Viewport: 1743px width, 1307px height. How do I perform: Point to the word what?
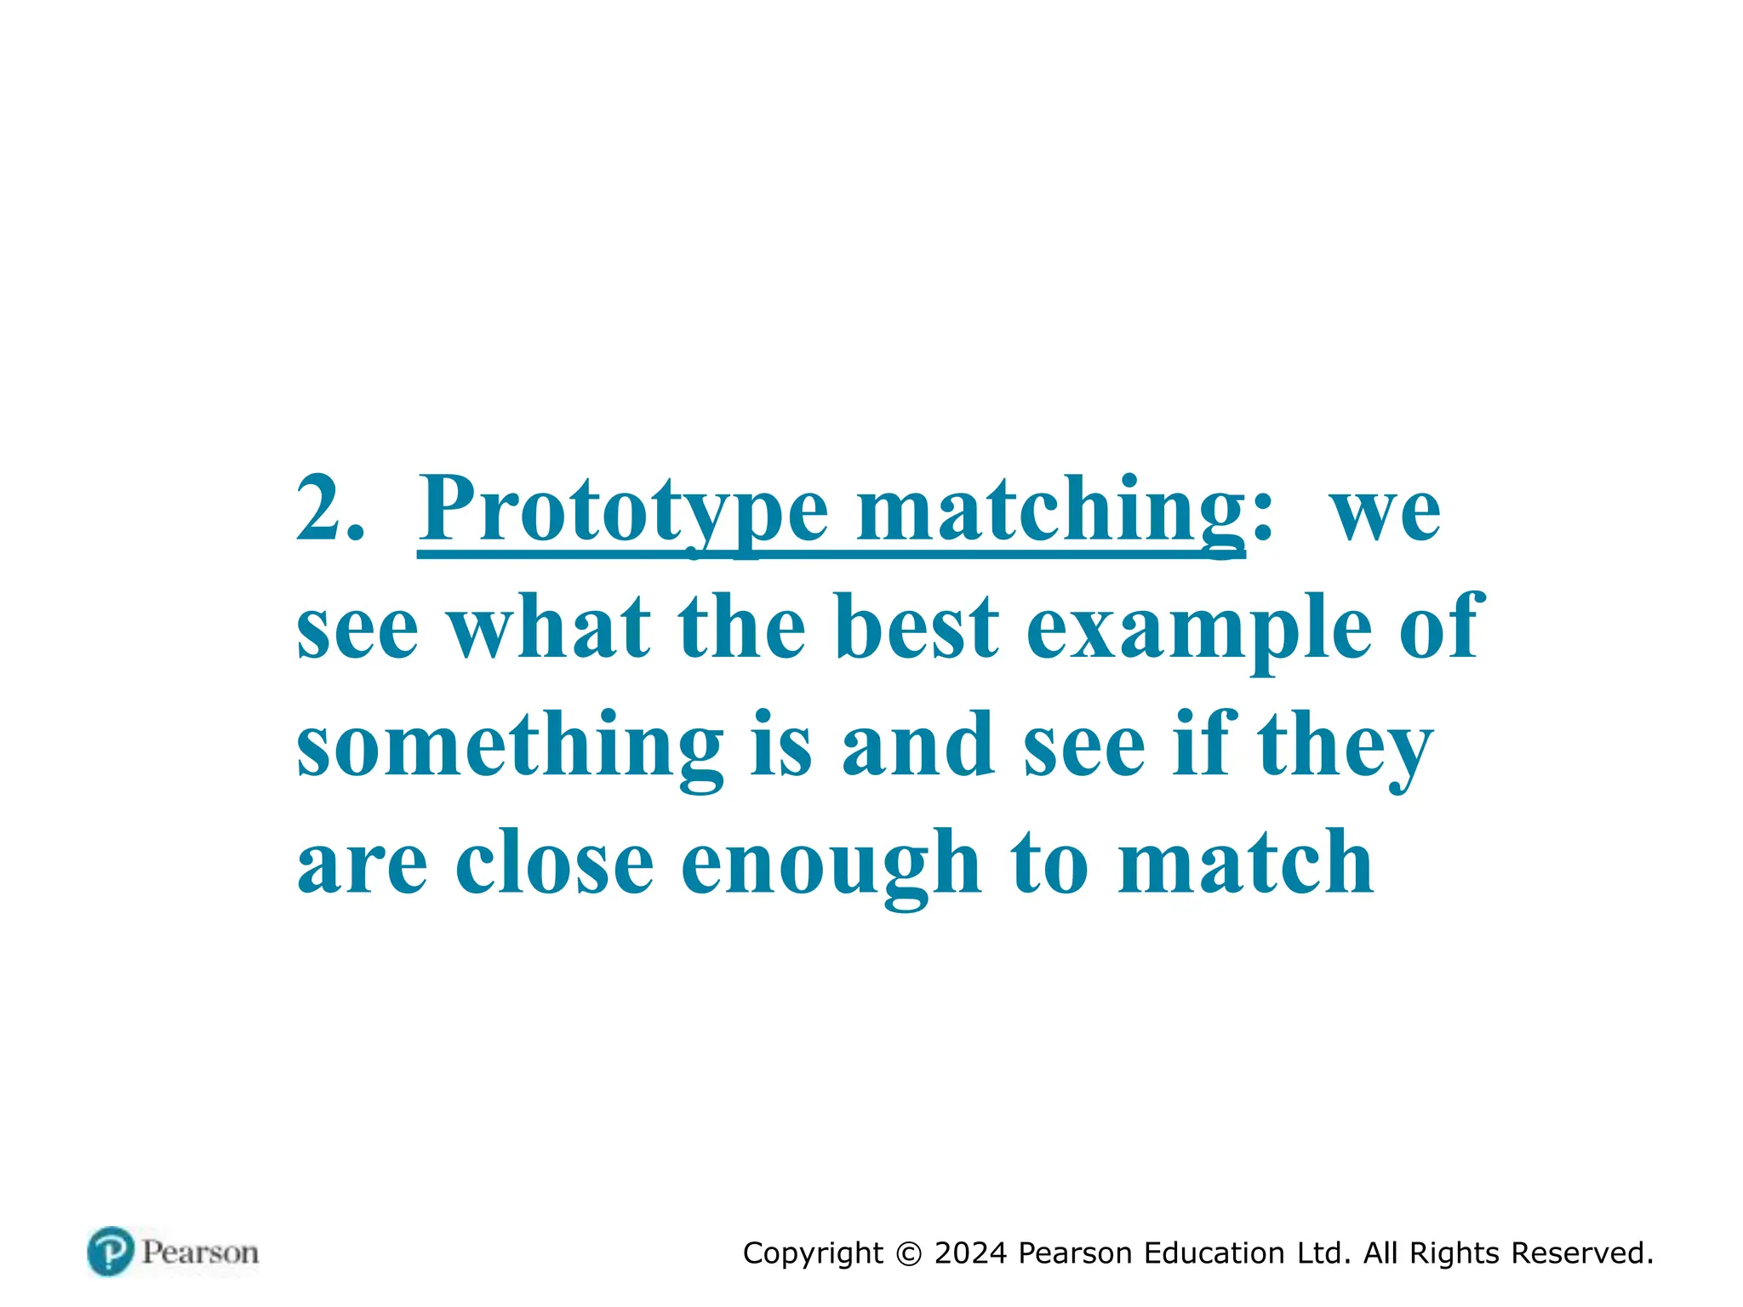pyautogui.click(x=549, y=627)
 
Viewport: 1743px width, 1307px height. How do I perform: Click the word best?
pyautogui.click(x=917, y=627)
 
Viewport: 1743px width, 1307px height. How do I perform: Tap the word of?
pyautogui.click(x=1442, y=627)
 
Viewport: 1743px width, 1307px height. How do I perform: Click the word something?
pyautogui.click(x=510, y=746)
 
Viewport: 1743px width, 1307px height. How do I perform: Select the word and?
pyautogui.click(x=917, y=746)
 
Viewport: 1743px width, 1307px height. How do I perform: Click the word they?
pyautogui.click(x=1346, y=746)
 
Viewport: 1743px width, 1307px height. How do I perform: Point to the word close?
pyautogui.click(x=554, y=863)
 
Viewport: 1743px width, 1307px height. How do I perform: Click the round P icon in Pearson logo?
pyautogui.click(x=111, y=1252)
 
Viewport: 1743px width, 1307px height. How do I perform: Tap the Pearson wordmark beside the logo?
pyautogui.click(x=200, y=1253)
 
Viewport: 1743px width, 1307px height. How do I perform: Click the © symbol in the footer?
pyautogui.click(x=909, y=1254)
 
